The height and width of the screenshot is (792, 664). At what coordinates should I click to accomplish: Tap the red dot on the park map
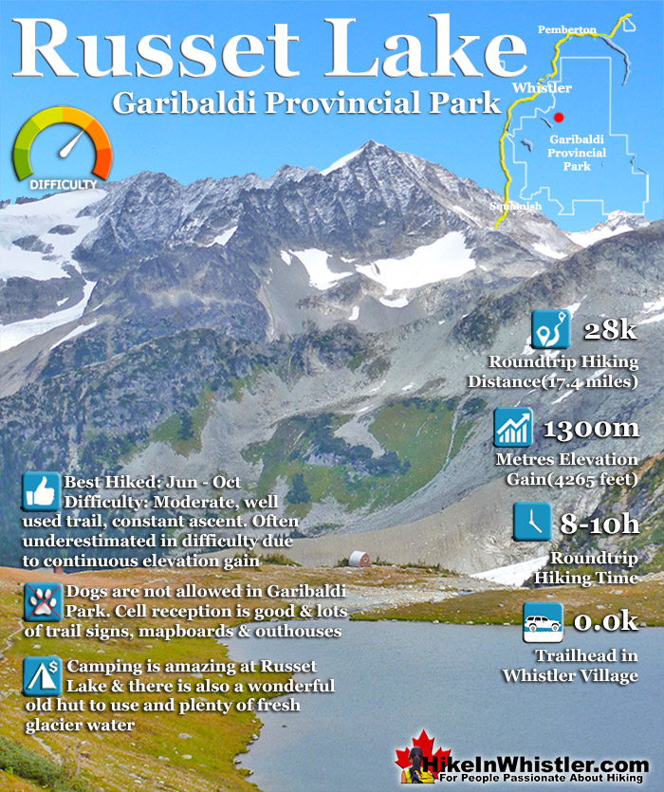click(x=559, y=117)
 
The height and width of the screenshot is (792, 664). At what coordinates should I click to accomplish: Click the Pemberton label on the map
click(x=566, y=30)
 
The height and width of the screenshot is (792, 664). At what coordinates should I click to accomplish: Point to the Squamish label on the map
click(x=516, y=206)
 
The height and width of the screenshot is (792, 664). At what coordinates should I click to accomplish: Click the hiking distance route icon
click(x=551, y=333)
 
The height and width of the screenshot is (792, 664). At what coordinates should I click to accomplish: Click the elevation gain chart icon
click(x=513, y=428)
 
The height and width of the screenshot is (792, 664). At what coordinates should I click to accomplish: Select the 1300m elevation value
click(x=590, y=429)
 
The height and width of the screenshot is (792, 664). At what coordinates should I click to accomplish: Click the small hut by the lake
click(x=359, y=559)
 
